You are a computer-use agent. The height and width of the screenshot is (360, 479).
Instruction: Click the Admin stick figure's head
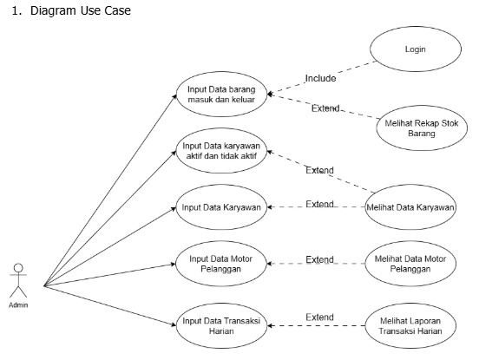pos(18,268)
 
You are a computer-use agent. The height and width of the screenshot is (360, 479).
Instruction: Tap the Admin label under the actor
pos(18,304)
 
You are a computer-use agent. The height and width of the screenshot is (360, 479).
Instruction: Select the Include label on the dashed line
pos(320,78)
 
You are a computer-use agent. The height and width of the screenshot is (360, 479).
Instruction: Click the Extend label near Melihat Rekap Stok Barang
pos(325,108)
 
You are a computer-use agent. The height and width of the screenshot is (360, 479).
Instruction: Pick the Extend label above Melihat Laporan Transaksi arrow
pos(319,317)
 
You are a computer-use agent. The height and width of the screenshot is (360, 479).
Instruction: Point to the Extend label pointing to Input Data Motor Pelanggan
pos(319,259)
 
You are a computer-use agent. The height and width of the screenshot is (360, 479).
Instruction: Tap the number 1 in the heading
pos(15,11)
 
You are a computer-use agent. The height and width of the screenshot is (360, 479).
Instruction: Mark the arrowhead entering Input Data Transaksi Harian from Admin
pos(174,324)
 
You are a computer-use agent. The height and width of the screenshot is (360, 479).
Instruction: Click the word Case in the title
pos(118,11)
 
